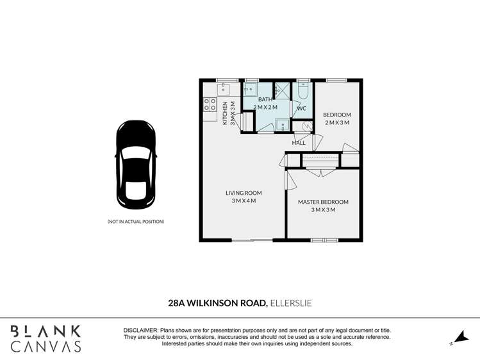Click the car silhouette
click(135, 165)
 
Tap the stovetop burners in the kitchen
click(210, 104)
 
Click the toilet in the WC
click(302, 91)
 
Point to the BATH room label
click(265, 100)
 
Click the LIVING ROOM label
click(244, 193)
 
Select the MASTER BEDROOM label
click(323, 202)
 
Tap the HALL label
click(299, 143)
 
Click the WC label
click(302, 109)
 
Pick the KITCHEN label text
click(225, 113)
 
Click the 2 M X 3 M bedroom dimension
click(336, 123)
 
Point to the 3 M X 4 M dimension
click(244, 201)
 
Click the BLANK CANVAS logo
click(46, 338)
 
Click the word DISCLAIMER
click(140, 329)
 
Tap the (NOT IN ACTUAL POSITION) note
click(135, 222)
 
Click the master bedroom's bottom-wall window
click(324, 240)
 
